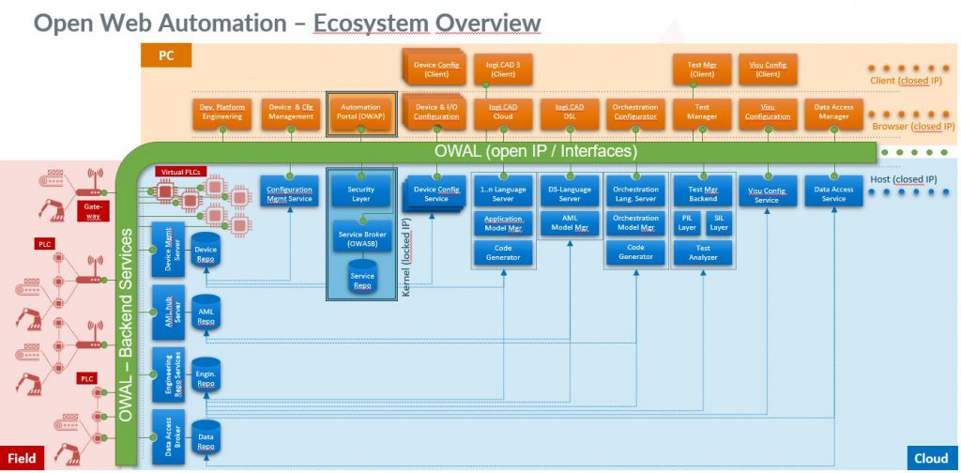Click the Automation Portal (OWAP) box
click(x=359, y=113)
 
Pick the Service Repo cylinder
click(x=361, y=282)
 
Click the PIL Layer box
click(x=688, y=222)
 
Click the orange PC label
click(x=166, y=56)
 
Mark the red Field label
click(x=23, y=458)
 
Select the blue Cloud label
click(x=931, y=458)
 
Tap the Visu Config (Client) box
click(x=768, y=69)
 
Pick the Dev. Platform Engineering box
click(x=221, y=113)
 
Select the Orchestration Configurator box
click(x=635, y=113)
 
